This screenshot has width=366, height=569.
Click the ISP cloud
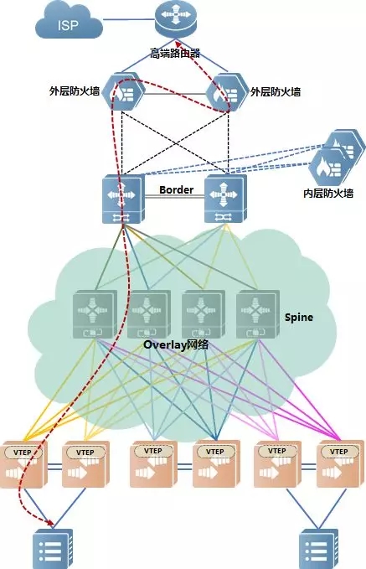[69, 23]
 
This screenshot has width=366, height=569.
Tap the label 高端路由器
[175, 54]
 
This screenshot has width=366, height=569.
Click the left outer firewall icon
[122, 91]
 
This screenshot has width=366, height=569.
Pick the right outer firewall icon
[227, 92]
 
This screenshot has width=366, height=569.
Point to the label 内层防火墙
[328, 193]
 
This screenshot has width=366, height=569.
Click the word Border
[176, 189]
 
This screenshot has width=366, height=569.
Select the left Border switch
[123, 199]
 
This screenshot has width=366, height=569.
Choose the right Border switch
[225, 199]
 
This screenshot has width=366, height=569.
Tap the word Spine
[299, 318]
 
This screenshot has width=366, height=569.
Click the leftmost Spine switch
[95, 314]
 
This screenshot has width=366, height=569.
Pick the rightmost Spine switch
[258, 314]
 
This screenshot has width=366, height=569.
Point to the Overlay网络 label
[176, 344]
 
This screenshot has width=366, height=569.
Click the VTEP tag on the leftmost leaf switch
[23, 453]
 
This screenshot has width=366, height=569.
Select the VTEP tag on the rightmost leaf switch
[339, 452]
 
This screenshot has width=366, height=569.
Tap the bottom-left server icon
[53, 549]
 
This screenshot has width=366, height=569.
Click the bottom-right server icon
[319, 549]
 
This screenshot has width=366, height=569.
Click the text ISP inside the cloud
[68, 25]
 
